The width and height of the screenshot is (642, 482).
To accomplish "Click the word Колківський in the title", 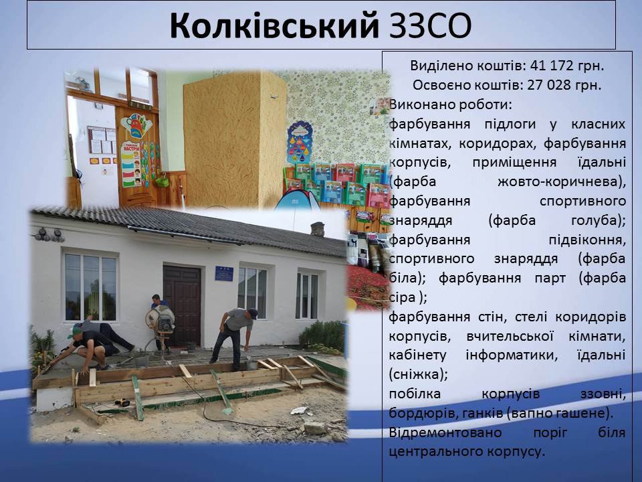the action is tap(274, 25).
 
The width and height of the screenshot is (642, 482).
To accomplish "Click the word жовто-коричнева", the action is tap(562, 181).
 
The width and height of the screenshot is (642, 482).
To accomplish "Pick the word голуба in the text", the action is tap(598, 220).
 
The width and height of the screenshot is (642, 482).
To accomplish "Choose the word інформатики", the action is tap(512, 355).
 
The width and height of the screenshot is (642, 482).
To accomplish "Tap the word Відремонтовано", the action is tap(445, 433).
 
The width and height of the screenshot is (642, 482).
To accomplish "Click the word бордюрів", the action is tap(421, 413).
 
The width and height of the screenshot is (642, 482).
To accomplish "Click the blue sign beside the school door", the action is tap(224, 273).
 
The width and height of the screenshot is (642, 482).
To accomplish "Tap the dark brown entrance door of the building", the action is tap(182, 305).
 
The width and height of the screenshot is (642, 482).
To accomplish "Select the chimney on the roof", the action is tap(318, 229).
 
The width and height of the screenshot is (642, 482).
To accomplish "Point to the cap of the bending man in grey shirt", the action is tap(253, 313).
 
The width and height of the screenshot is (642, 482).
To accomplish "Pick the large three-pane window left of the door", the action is tap(90, 287).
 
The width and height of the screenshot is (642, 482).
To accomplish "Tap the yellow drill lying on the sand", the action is tap(122, 402).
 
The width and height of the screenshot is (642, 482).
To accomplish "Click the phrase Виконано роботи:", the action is tap(450, 104).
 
